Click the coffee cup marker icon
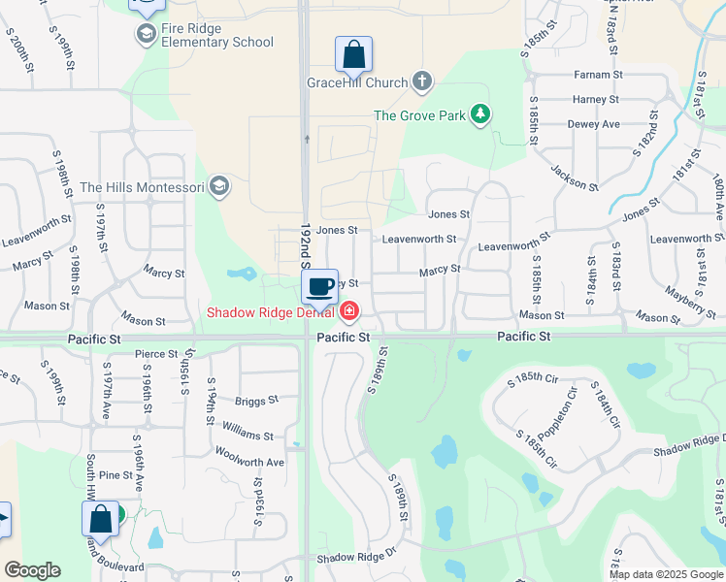(x=319, y=285)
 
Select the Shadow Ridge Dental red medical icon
(x=348, y=311)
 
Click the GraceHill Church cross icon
(x=422, y=81)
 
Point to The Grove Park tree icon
(x=479, y=115)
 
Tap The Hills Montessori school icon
(x=219, y=186)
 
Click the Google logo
(x=32, y=569)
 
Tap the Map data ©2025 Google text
(x=665, y=574)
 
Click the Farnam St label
(x=597, y=75)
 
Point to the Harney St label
(x=595, y=100)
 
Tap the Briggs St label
(x=256, y=400)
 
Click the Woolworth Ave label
(x=248, y=463)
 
